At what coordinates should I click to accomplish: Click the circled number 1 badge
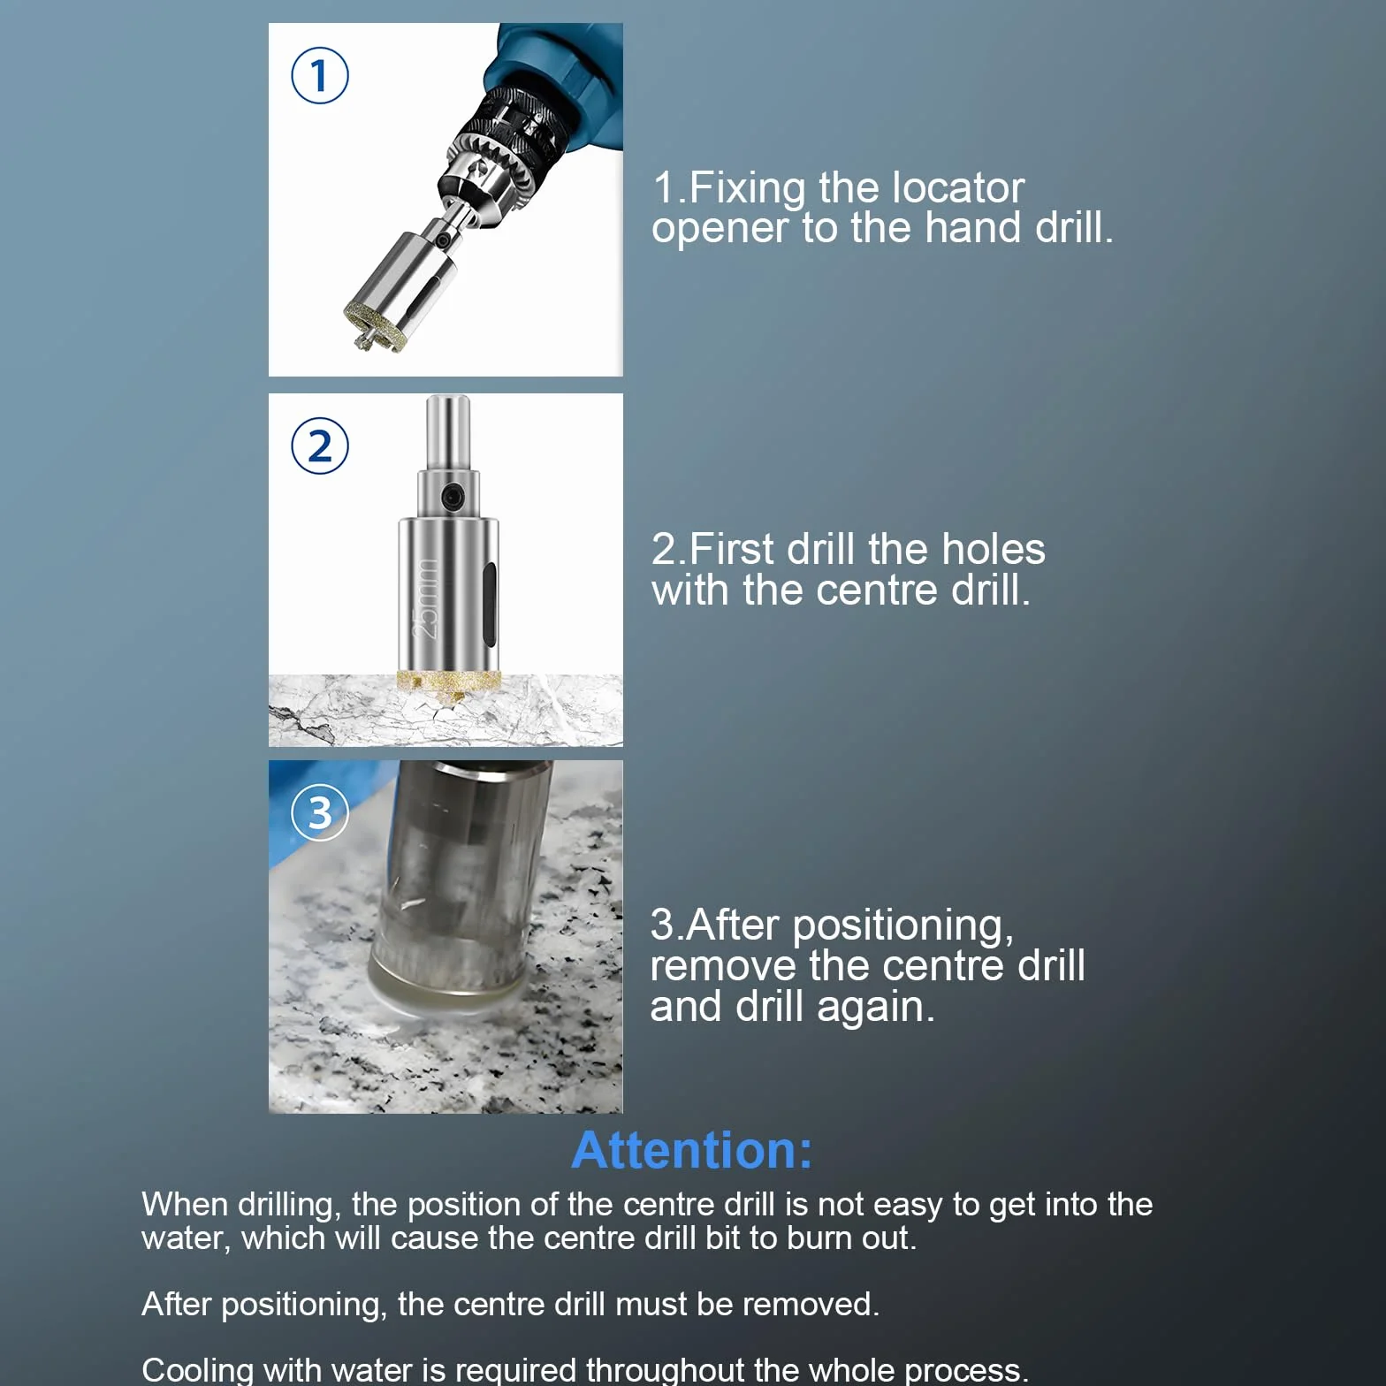(x=320, y=76)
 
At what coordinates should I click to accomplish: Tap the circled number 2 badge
(x=320, y=445)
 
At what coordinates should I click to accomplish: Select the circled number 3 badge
(x=320, y=812)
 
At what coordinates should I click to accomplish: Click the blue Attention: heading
(x=692, y=1150)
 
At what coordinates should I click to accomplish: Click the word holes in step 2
(x=994, y=549)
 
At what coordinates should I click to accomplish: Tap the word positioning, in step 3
(x=902, y=926)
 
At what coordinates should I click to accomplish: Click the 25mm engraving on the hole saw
(x=427, y=598)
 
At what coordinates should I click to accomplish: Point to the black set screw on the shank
(x=453, y=497)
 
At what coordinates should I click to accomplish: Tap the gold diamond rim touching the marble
(x=449, y=681)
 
